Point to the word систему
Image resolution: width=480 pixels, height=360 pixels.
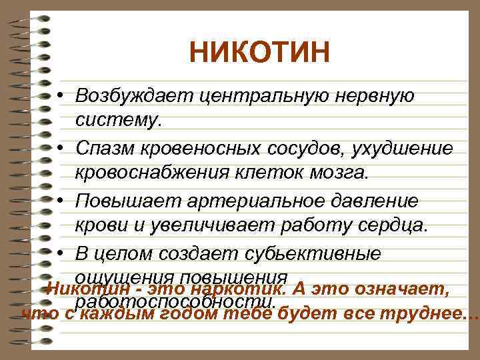click(119, 121)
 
